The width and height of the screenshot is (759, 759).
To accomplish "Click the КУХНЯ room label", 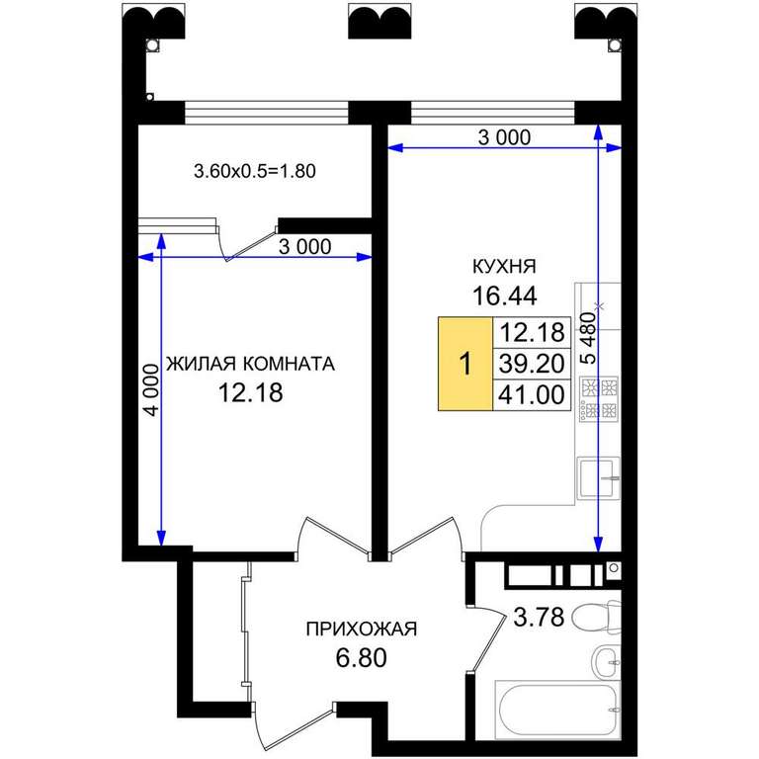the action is (x=504, y=266).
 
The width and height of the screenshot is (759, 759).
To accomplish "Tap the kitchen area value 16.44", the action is (x=504, y=295).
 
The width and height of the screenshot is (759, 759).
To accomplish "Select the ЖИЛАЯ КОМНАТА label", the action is (x=250, y=364).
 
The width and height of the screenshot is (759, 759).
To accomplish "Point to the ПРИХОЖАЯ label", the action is (x=361, y=629).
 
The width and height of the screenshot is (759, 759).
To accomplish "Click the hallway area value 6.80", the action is (x=361, y=658).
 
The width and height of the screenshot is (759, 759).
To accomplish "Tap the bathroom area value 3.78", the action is (x=539, y=617).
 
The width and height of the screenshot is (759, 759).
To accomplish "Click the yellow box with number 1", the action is (x=465, y=364).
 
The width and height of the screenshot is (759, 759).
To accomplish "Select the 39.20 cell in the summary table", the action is (x=532, y=364).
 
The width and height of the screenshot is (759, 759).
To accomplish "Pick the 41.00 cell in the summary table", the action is (x=532, y=395).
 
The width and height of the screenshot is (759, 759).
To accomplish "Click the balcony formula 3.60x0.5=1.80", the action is (x=255, y=171).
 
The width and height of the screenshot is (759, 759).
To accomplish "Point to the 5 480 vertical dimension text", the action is (x=588, y=338).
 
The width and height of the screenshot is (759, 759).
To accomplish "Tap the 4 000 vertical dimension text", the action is (x=151, y=390).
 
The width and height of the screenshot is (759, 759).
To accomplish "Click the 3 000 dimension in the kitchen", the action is (x=504, y=138).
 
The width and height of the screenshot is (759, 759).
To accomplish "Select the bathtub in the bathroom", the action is (x=557, y=710).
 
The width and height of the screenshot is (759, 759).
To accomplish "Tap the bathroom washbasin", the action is (x=607, y=662).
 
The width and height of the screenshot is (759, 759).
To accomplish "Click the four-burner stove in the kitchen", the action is (x=599, y=397).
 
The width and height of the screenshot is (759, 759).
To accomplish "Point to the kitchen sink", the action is (x=599, y=478).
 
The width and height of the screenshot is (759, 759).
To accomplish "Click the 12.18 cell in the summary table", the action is (x=532, y=333).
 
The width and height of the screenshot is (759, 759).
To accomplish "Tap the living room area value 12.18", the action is (x=251, y=393).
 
